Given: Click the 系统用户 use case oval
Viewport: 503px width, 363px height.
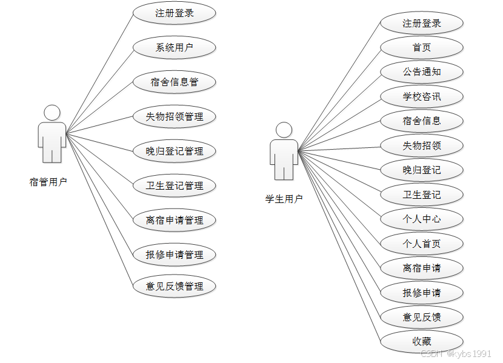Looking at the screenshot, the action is point(175,47).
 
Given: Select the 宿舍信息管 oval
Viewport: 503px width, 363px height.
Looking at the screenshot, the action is point(175,82).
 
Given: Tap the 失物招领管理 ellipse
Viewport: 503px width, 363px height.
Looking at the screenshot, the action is point(175,116).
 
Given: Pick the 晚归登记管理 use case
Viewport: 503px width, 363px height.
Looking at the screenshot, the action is point(175,151).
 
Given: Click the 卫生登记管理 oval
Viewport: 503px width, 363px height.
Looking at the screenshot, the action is point(175,185).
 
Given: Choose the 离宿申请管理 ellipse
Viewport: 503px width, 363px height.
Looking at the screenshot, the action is point(175,220).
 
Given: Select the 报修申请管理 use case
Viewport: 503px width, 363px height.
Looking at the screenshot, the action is point(175,255).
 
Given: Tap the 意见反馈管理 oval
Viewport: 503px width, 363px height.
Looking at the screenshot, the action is point(175,286).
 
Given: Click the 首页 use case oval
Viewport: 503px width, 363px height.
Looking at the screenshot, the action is point(422,47).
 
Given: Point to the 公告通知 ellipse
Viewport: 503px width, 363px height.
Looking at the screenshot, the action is point(422,72).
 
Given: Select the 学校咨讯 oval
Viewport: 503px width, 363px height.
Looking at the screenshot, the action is point(422,96).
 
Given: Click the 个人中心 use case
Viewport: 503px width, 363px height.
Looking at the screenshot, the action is point(422,219).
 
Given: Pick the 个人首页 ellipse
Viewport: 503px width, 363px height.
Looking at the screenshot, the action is point(422,244).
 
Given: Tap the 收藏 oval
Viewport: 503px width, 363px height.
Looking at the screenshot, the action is point(422,341).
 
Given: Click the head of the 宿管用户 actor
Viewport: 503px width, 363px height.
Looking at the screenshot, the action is point(52,112).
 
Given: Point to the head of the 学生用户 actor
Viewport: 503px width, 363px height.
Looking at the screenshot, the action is point(284,130).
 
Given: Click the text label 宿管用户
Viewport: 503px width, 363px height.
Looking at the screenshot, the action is point(48,181).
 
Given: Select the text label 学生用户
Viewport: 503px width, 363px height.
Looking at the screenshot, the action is point(284,198).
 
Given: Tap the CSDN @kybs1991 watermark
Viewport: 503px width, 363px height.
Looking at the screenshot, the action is point(456,354).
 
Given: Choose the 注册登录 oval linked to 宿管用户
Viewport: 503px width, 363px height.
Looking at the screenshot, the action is point(175,13).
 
